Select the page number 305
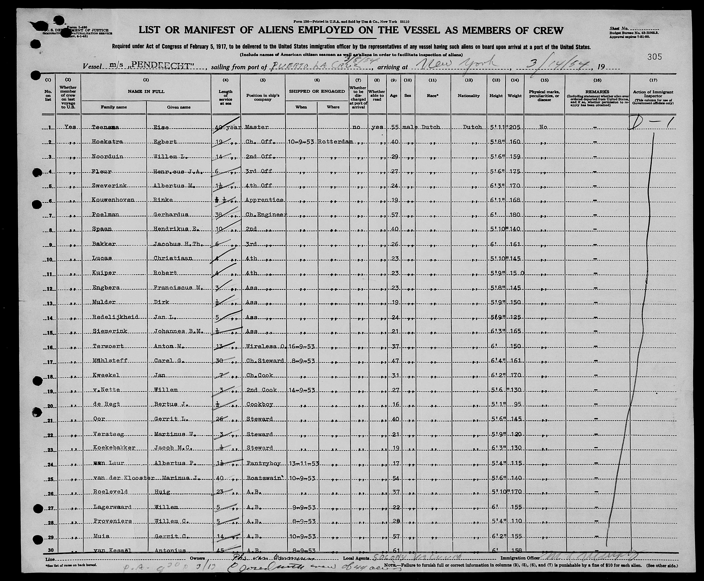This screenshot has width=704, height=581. tap(654, 57)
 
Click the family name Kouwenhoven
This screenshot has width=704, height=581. tap(113, 200)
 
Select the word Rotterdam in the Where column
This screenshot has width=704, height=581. tap(335, 142)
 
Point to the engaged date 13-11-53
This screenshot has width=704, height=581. tap(303, 463)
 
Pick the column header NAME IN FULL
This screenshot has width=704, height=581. tap(146, 91)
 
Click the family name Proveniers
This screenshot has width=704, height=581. tap(112, 521)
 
